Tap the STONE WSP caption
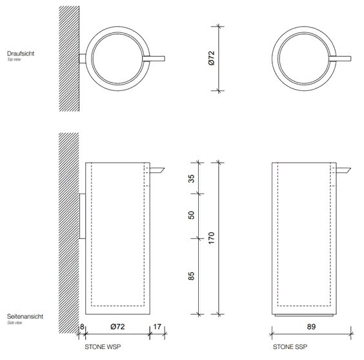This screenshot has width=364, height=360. click(103, 346)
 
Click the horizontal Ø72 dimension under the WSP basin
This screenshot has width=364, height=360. click(117, 328)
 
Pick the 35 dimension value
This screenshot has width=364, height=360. click(191, 179)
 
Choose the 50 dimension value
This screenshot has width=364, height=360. click(191, 215)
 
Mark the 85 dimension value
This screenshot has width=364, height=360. click(191, 275)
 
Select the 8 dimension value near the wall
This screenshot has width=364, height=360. click(83, 328)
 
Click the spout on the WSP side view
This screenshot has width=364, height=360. click(157, 170)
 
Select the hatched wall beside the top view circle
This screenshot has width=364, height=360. click(68, 58)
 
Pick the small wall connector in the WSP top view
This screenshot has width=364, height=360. click(82, 59)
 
